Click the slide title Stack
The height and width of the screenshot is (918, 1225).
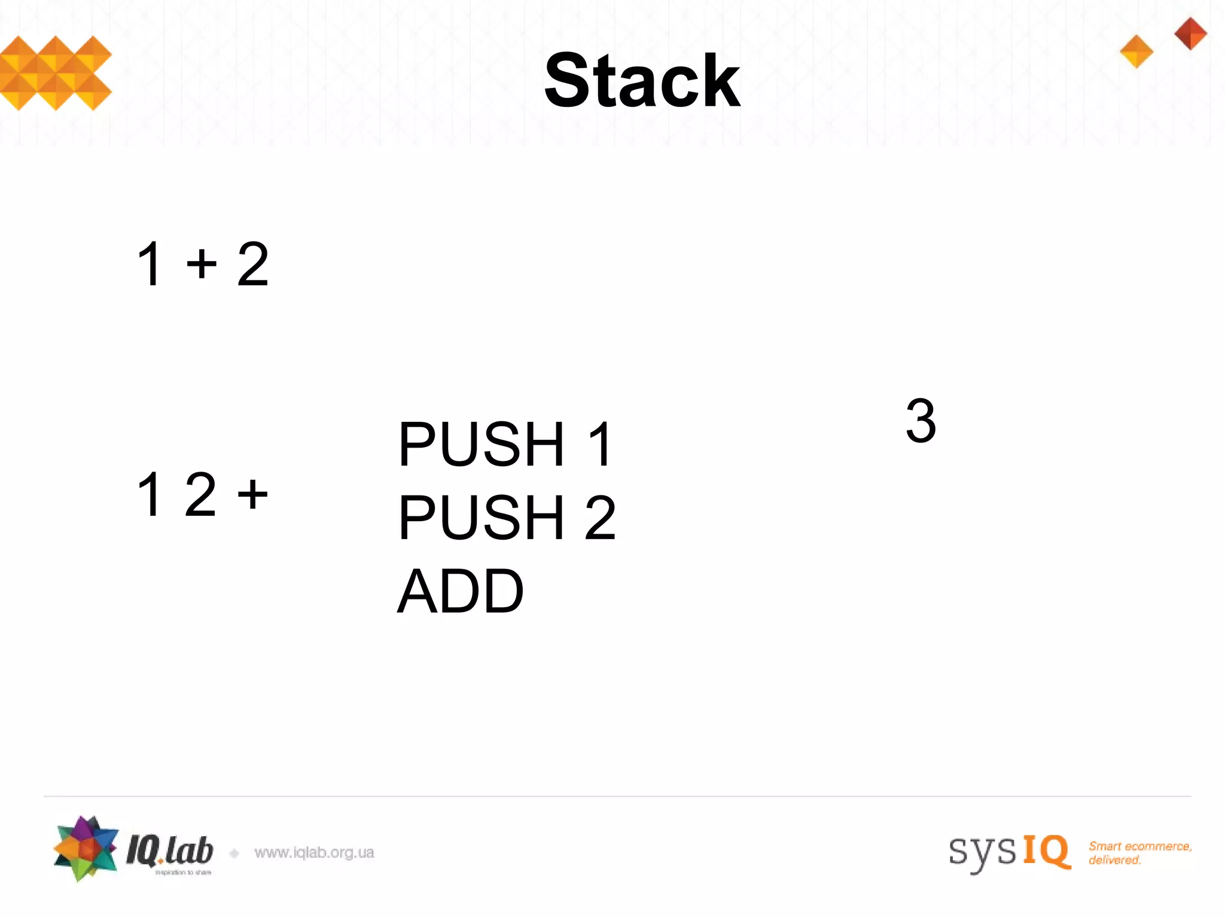[642, 81]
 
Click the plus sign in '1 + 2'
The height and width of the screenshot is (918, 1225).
[201, 264]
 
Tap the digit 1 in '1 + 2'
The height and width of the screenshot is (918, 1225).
[150, 264]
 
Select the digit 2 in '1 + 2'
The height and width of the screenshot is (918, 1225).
[252, 264]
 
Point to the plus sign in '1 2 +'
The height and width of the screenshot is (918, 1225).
[252, 494]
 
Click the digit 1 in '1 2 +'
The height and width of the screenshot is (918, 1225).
[150, 494]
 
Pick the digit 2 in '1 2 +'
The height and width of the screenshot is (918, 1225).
[200, 494]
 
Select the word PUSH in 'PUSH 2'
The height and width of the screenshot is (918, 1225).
[482, 518]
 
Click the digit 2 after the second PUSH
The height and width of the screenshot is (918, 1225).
[600, 518]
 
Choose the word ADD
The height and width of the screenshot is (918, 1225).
[460, 592]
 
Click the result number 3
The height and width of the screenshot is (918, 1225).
[921, 421]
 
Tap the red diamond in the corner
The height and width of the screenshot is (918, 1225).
[1190, 33]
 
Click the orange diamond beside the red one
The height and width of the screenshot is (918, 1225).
[1136, 51]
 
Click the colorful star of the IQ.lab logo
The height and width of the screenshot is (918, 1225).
[85, 848]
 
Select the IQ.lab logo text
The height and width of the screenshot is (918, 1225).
[170, 851]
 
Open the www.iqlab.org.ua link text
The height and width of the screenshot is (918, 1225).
[314, 853]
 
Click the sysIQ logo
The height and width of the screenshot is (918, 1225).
[1009, 851]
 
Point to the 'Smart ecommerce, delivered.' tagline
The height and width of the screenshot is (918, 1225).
[1139, 853]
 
